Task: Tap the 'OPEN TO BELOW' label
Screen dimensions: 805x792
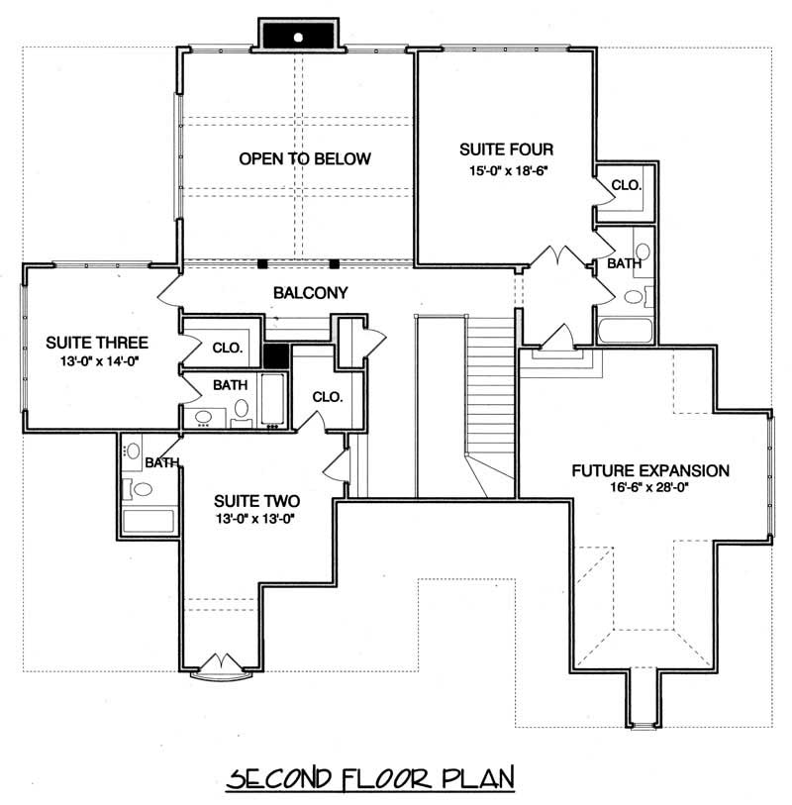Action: point(304,158)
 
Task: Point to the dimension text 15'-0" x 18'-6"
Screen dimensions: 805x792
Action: point(505,170)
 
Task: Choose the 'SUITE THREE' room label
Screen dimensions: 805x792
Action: point(98,343)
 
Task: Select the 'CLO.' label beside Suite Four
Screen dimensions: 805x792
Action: point(626,185)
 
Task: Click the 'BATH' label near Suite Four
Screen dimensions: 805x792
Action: point(624,264)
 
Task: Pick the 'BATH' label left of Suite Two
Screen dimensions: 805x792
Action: point(161,462)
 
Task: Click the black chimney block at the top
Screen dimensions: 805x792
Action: point(300,35)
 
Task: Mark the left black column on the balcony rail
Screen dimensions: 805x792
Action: point(263,264)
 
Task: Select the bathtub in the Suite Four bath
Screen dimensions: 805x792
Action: point(623,330)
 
